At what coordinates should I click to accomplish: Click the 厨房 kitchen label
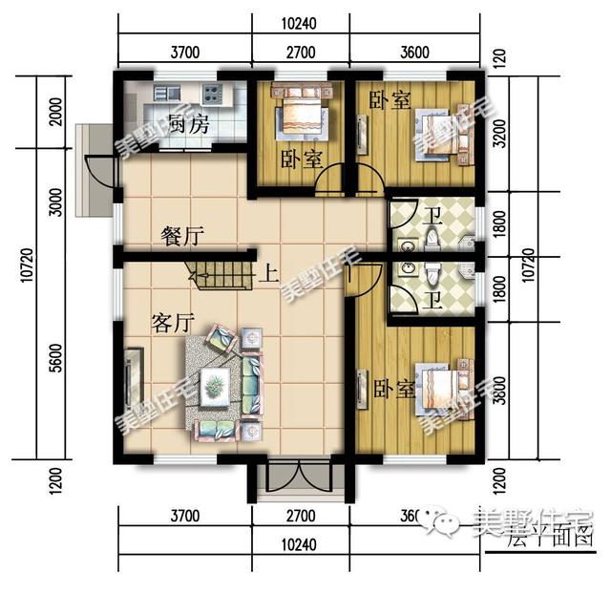pos(187,124)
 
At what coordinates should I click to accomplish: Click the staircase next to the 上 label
pos(221,273)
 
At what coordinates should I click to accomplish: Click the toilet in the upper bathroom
pos(432,235)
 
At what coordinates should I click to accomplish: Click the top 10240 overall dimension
pos(299,23)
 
